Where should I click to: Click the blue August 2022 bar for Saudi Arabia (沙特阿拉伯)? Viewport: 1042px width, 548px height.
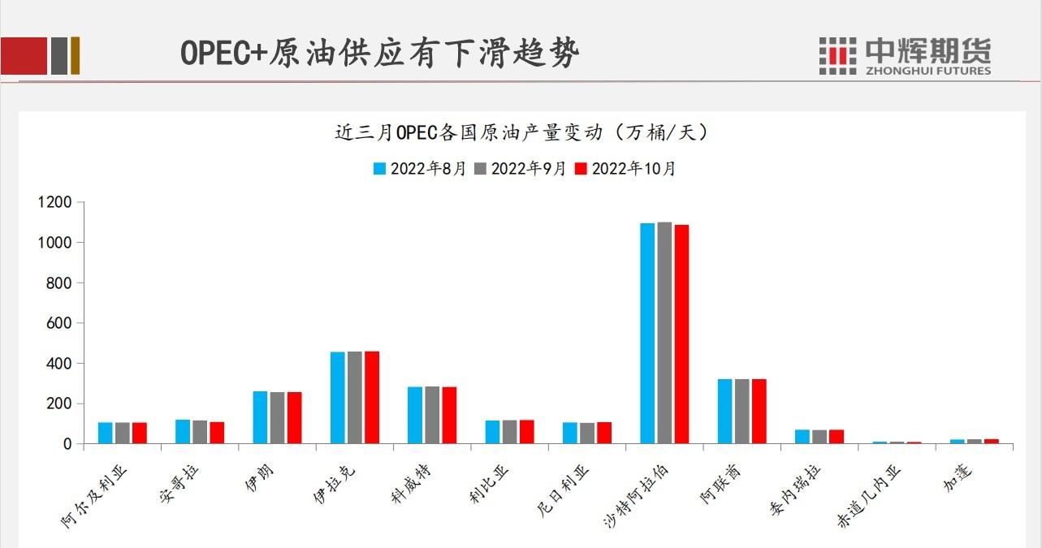(647, 333)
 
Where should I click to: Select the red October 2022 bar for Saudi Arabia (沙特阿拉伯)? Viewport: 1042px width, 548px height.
(681, 334)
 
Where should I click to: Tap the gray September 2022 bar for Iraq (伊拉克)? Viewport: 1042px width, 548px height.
(354, 398)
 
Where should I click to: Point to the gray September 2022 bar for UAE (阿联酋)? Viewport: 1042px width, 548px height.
(742, 411)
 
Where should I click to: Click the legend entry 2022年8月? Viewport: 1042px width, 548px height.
(420, 169)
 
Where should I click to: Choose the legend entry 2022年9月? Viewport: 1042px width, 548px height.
(520, 169)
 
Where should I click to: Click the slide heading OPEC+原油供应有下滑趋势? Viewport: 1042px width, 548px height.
(379, 54)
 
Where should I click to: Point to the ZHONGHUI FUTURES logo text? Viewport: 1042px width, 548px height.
(928, 70)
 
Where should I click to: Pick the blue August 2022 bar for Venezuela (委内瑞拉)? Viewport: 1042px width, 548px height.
(802, 436)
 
